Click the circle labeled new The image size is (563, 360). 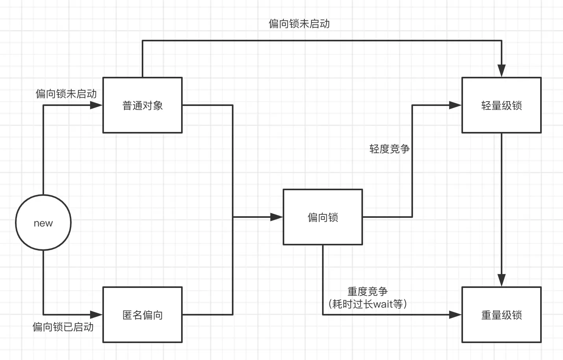[x=43, y=223]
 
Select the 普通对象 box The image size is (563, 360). [x=143, y=105]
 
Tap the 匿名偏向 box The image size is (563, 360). [x=143, y=315]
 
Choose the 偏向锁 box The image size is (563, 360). [x=323, y=217]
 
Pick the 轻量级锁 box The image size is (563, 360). [x=501, y=105]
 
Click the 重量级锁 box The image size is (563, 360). [x=501, y=315]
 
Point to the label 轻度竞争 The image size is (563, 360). [x=389, y=149]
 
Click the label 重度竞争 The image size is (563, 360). [x=367, y=291]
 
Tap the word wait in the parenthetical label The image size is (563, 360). [x=383, y=304]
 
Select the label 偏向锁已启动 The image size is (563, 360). [x=63, y=327]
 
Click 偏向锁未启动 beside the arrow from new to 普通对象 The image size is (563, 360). [x=66, y=94]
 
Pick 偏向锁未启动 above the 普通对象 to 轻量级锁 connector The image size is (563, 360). [x=299, y=24]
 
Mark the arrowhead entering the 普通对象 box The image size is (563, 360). [x=96, y=105]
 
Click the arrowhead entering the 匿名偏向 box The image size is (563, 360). [x=96, y=315]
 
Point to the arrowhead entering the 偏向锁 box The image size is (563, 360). [x=277, y=217]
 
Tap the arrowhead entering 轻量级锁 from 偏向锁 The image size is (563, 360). [x=456, y=105]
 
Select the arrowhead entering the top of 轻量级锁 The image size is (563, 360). [x=501, y=71]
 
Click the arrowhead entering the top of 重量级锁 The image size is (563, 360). [x=501, y=280]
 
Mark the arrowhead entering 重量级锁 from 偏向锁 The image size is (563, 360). [x=456, y=315]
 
